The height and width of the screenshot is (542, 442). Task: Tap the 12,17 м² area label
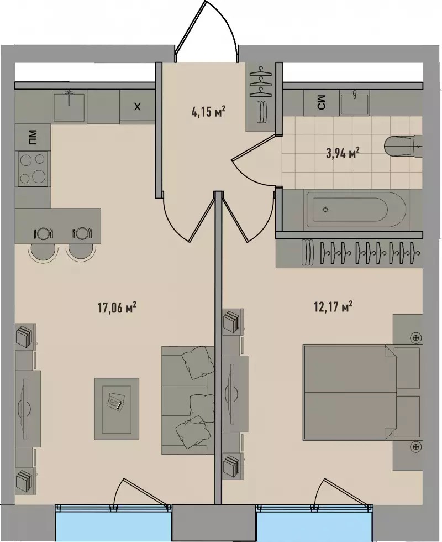click(333, 306)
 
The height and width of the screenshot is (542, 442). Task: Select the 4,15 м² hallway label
click(208, 112)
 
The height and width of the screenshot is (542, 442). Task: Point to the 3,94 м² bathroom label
click(341, 153)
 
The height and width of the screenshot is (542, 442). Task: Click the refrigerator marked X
click(137, 106)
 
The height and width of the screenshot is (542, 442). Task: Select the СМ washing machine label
click(321, 103)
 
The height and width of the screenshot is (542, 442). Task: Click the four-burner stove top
click(33, 168)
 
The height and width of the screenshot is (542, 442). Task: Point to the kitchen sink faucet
click(70, 97)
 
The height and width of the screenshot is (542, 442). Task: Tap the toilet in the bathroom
click(403, 147)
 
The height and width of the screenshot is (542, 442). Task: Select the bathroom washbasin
click(354, 103)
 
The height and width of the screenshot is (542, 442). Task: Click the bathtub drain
click(325, 209)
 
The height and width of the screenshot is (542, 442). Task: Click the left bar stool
click(43, 251)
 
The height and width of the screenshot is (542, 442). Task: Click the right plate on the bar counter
click(82, 233)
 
